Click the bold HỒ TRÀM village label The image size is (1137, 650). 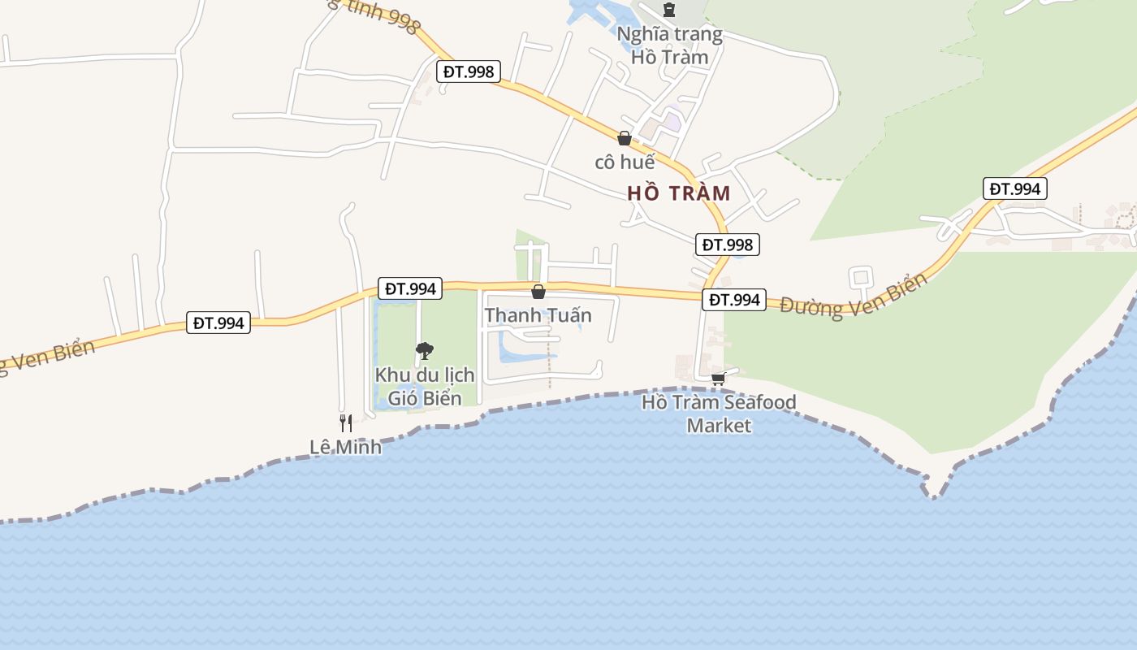tap(679, 193)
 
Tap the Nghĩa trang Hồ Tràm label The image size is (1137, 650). tap(669, 45)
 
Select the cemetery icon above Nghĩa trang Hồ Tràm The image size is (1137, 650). tap(669, 10)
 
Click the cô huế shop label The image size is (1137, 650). tap(625, 162)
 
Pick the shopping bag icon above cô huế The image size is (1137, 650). tap(625, 138)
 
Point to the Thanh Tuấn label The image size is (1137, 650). tap(538, 314)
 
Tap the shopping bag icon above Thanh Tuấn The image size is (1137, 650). tap(538, 292)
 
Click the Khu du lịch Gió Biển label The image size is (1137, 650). tap(424, 387)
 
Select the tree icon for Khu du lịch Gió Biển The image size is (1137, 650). tap(424, 351)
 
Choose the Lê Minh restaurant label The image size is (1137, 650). tap(345, 447)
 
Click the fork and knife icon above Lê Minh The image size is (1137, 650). tap(345, 422)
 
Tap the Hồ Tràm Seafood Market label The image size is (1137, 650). tap(719, 414)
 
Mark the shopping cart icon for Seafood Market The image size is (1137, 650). tap(718, 379)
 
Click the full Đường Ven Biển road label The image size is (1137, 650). tap(854, 294)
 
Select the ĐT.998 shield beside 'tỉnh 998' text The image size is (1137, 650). tap(469, 71)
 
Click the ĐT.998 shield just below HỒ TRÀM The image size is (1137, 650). tap(728, 245)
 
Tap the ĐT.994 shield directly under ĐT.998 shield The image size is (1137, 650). tap(734, 300)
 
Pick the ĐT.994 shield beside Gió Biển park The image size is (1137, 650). tap(411, 288)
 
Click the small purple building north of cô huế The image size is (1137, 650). tap(672, 122)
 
